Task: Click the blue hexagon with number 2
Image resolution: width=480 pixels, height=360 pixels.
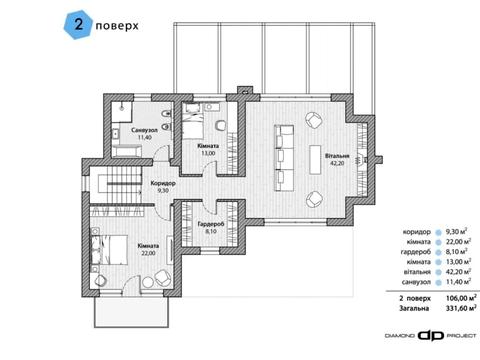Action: [78, 25]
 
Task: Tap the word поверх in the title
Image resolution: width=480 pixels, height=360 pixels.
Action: [117, 26]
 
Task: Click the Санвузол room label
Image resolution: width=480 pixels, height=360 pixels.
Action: [144, 130]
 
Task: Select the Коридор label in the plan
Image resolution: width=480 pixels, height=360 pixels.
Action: [163, 183]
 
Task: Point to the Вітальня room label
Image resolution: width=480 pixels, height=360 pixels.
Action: [337, 156]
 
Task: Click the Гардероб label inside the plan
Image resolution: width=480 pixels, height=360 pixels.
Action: [211, 224]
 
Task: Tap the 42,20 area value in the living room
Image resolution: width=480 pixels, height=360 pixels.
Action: [337, 163]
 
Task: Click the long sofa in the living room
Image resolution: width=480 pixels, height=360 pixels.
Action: [284, 158]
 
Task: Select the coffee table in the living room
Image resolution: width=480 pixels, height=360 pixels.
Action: [315, 159]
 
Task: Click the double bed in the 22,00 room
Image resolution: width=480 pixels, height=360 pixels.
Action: [109, 250]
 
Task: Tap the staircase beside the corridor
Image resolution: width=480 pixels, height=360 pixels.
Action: [124, 184]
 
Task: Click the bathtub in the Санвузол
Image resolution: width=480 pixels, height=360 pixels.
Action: [126, 151]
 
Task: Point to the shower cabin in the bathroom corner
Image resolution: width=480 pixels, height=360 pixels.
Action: [121, 111]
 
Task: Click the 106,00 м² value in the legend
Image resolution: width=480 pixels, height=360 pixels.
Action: [461, 298]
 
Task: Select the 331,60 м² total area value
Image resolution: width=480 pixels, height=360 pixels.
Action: [461, 308]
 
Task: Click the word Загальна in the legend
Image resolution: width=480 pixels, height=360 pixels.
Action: [414, 309]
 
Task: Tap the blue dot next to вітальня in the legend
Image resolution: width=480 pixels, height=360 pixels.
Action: [439, 272]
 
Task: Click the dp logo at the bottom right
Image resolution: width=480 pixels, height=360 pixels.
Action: [431, 335]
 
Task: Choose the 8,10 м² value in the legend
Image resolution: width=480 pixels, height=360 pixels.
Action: [456, 251]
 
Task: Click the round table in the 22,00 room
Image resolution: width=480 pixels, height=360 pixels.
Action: [148, 282]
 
